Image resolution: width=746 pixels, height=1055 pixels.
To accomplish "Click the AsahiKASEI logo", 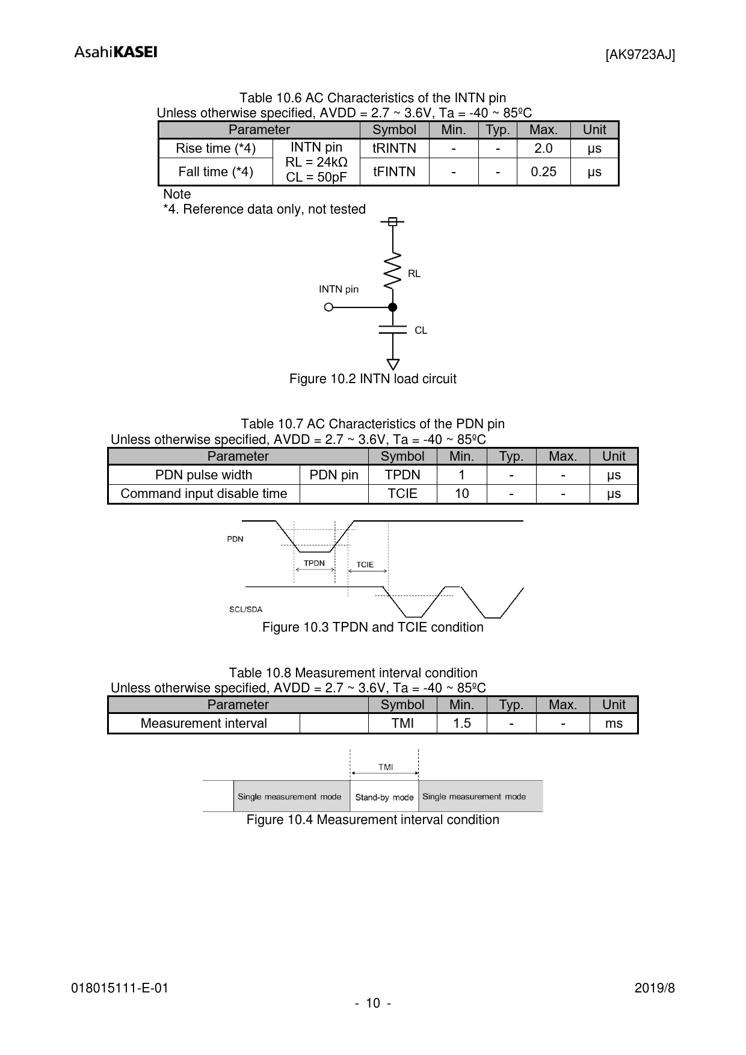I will pyautogui.click(x=116, y=52).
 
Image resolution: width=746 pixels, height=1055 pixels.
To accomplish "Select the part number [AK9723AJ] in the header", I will pyautogui.click(x=640, y=55).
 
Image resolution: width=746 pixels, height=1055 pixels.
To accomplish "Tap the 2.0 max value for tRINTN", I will pyautogui.click(x=543, y=149).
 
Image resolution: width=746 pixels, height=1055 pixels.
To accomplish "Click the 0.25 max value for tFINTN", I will pyautogui.click(x=543, y=172).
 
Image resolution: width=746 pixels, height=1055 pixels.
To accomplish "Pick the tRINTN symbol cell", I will pyautogui.click(x=394, y=149).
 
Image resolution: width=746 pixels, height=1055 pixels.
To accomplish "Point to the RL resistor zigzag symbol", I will pyautogui.click(x=393, y=270).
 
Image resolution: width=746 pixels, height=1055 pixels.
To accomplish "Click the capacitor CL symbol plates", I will pyautogui.click(x=393, y=330).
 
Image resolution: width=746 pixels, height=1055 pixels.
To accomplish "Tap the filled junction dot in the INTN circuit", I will pyautogui.click(x=393, y=307).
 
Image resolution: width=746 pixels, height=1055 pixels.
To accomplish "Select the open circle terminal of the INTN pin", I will pyautogui.click(x=328, y=307).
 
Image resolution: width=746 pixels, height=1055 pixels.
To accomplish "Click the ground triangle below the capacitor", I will pyautogui.click(x=393, y=364).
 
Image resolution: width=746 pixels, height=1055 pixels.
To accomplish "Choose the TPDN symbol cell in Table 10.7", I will pyautogui.click(x=402, y=475).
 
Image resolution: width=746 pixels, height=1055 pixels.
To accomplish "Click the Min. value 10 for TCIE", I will pyautogui.click(x=461, y=494).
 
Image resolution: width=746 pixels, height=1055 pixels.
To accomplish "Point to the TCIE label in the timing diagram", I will pyautogui.click(x=365, y=564).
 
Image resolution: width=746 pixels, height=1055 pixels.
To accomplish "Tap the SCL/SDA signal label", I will pyautogui.click(x=245, y=609).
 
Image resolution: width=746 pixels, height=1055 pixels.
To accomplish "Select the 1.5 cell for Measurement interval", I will pyautogui.click(x=461, y=724).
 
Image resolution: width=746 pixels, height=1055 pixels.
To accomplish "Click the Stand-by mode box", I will pyautogui.click(x=384, y=797).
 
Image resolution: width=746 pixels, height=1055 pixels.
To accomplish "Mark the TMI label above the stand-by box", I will pyautogui.click(x=385, y=767).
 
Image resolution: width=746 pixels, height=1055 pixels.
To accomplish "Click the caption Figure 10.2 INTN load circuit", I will pyautogui.click(x=372, y=379).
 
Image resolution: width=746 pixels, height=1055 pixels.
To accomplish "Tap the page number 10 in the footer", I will pyautogui.click(x=373, y=1003).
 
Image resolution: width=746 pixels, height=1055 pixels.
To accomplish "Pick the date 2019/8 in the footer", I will pyautogui.click(x=655, y=988).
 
